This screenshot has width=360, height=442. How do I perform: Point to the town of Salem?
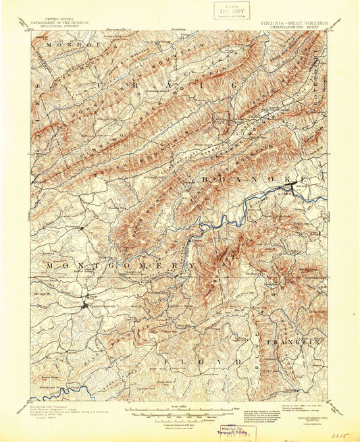click(x=296, y=184)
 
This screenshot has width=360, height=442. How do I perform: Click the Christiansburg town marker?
click(x=85, y=305)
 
